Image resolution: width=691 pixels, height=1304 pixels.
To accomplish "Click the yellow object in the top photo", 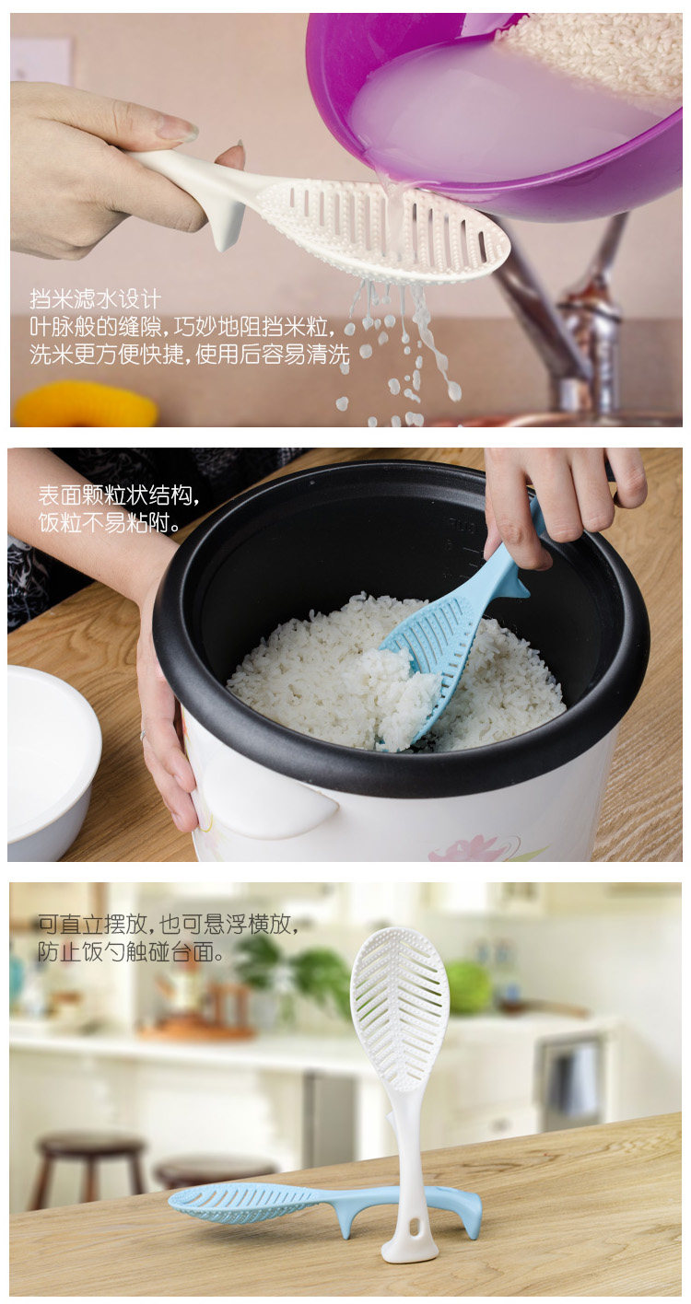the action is coord(85,403).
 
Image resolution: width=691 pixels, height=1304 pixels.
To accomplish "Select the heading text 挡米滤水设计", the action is coord(96,299).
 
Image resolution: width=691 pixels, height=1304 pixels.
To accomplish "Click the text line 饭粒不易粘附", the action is coord(109,523).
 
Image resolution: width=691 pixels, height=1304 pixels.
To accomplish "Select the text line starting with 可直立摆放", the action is coord(169,925).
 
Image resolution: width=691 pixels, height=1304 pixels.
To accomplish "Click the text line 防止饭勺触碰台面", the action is coord(131,952).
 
